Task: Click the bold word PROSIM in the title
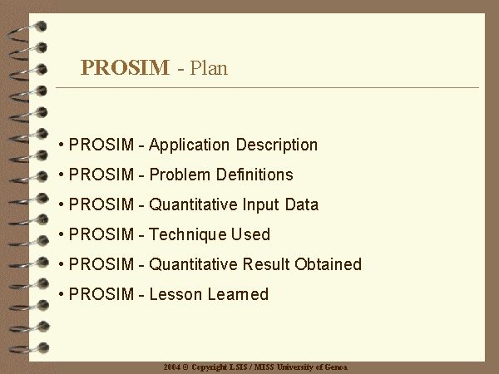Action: pos(125,67)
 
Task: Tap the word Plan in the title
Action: pos(209,67)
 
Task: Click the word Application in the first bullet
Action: pos(189,145)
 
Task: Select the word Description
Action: pos(277,145)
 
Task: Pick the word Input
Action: pos(260,205)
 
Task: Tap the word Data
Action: pos(302,204)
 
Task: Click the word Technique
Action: pos(187,235)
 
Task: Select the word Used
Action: pos(250,234)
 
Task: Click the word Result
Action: pos(266,264)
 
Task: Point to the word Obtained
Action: pos(329,264)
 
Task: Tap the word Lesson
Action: pos(175,294)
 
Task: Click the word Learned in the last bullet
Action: pos(238,294)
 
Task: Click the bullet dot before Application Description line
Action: pos(61,145)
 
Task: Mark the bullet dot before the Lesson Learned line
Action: pos(61,294)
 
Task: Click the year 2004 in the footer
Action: pos(172,367)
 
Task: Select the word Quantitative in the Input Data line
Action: pos(193,204)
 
